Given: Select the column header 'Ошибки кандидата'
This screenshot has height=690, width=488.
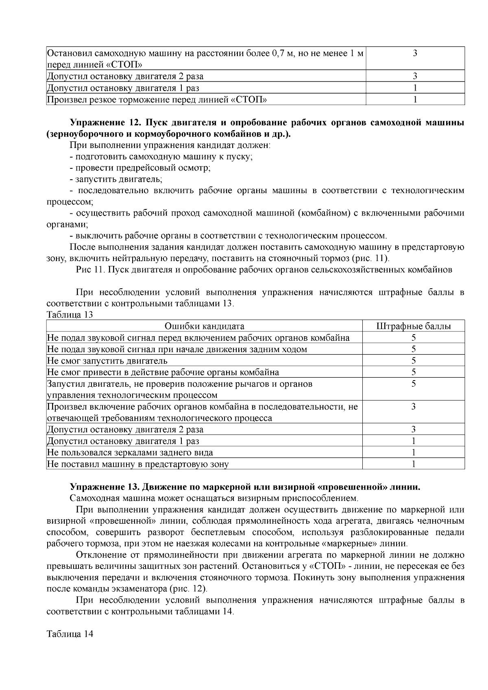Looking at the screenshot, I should coord(204,326).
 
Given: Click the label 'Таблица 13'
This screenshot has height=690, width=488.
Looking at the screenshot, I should coord(70,315).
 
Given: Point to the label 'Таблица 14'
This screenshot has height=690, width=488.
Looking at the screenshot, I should coord(70,634).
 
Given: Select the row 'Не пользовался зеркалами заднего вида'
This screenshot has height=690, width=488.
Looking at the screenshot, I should coord(130,452).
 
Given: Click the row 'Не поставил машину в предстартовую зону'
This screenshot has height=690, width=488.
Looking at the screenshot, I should coord(138,464).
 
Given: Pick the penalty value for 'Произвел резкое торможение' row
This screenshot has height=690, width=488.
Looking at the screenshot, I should coord(415,99).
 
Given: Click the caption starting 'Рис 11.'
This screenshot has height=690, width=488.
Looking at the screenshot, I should coord(264,270).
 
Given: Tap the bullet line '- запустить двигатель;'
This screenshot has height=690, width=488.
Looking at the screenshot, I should coord(116,179).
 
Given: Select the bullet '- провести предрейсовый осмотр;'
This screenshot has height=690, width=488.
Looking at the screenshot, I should coord(140,168).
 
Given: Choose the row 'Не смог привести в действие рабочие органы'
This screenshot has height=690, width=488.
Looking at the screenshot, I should coord(163,372).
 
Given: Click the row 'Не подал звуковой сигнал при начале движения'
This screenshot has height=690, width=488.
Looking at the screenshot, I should coord(177,349).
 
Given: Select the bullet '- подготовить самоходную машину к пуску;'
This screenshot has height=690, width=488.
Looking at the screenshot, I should coord(161,157).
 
